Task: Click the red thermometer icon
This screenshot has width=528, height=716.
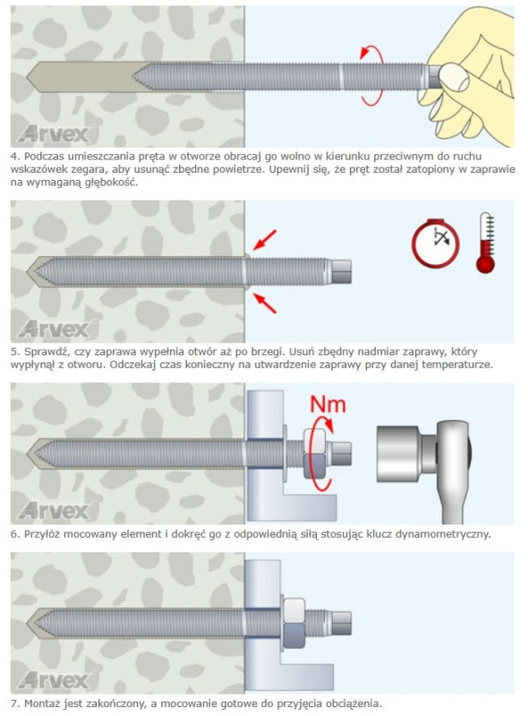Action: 485,243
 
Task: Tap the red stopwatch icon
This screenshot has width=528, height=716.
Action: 435,243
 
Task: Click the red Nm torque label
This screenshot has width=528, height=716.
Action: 328,405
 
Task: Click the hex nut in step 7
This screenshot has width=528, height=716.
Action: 294,623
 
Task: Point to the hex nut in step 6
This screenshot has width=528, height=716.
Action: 314,453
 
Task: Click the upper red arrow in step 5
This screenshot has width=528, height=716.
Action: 265,240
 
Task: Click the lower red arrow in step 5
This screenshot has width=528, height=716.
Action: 265,303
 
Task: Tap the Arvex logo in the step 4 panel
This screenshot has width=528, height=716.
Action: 53,133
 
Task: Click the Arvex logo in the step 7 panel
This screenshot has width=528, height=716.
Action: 53,680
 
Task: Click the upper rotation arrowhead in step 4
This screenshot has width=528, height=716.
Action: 364,53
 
